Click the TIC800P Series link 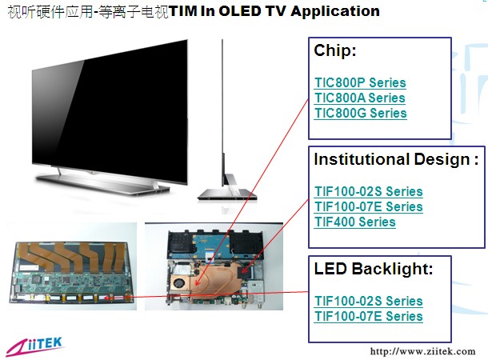coord(360,82)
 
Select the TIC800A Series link coord(360,98)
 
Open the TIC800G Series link coord(360,114)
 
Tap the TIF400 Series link coord(354,222)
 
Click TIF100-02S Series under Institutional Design coord(369,192)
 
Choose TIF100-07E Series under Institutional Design coord(369,207)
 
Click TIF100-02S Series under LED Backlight coord(369,301)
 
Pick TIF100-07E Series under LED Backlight coord(369,317)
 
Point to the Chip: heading coord(335,50)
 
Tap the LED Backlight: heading coord(374,269)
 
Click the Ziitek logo coord(34,346)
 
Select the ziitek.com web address coord(422,351)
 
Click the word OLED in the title coord(240,11)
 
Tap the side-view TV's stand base coord(228,194)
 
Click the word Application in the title coord(335,12)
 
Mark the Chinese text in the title coord(88,12)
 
